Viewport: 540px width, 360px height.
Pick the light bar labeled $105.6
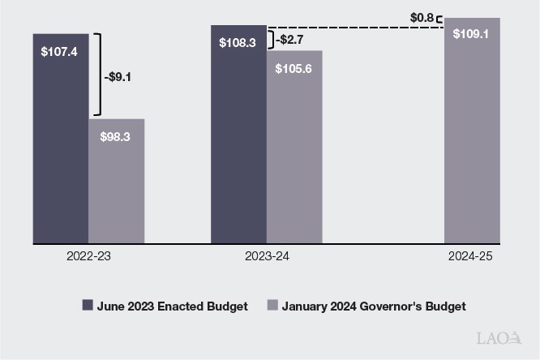pos(294,154)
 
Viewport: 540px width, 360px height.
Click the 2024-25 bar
pos(472,138)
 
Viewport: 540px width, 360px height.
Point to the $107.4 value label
pos(60,51)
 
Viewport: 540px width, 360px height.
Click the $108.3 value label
pos(238,42)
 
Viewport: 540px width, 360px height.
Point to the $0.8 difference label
pos(422,17)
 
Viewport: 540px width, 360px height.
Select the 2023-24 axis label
pos(266,256)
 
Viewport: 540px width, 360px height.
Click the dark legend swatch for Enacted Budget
pos(88,306)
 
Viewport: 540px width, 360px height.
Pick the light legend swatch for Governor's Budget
pos(273,306)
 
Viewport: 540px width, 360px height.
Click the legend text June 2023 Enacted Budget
pos(172,306)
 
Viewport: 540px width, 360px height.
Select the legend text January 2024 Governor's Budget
pos(374,306)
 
